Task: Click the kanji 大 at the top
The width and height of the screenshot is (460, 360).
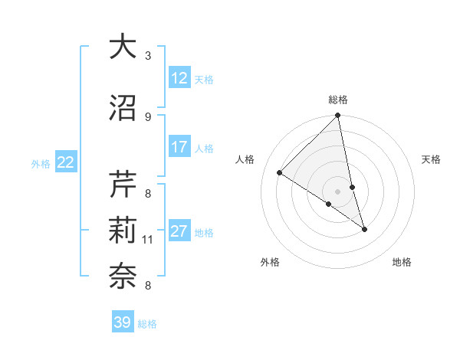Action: click(x=123, y=47)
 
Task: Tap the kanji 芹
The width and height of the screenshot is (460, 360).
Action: click(x=123, y=184)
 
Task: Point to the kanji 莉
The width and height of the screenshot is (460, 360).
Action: click(x=123, y=231)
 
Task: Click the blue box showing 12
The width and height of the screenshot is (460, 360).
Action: click(x=179, y=78)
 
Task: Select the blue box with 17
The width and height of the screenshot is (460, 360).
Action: click(x=179, y=148)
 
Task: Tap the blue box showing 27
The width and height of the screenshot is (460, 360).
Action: click(x=179, y=232)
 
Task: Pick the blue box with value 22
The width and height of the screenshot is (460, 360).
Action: click(x=66, y=162)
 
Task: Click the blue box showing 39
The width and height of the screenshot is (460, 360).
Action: click(x=123, y=322)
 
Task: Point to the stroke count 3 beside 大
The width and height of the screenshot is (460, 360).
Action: click(x=148, y=56)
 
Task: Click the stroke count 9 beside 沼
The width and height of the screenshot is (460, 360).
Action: click(x=148, y=117)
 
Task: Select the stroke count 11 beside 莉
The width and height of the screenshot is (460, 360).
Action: click(x=148, y=240)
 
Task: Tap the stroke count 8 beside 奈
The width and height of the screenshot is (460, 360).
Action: click(x=148, y=286)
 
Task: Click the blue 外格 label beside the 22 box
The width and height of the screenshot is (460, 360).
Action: click(x=41, y=163)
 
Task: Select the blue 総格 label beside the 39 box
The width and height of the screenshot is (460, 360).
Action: click(x=147, y=324)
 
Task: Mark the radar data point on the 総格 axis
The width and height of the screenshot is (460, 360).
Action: click(x=338, y=116)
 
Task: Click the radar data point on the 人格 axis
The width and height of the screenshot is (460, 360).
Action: click(x=280, y=173)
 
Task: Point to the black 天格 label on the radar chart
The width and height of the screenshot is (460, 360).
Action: click(x=432, y=159)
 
